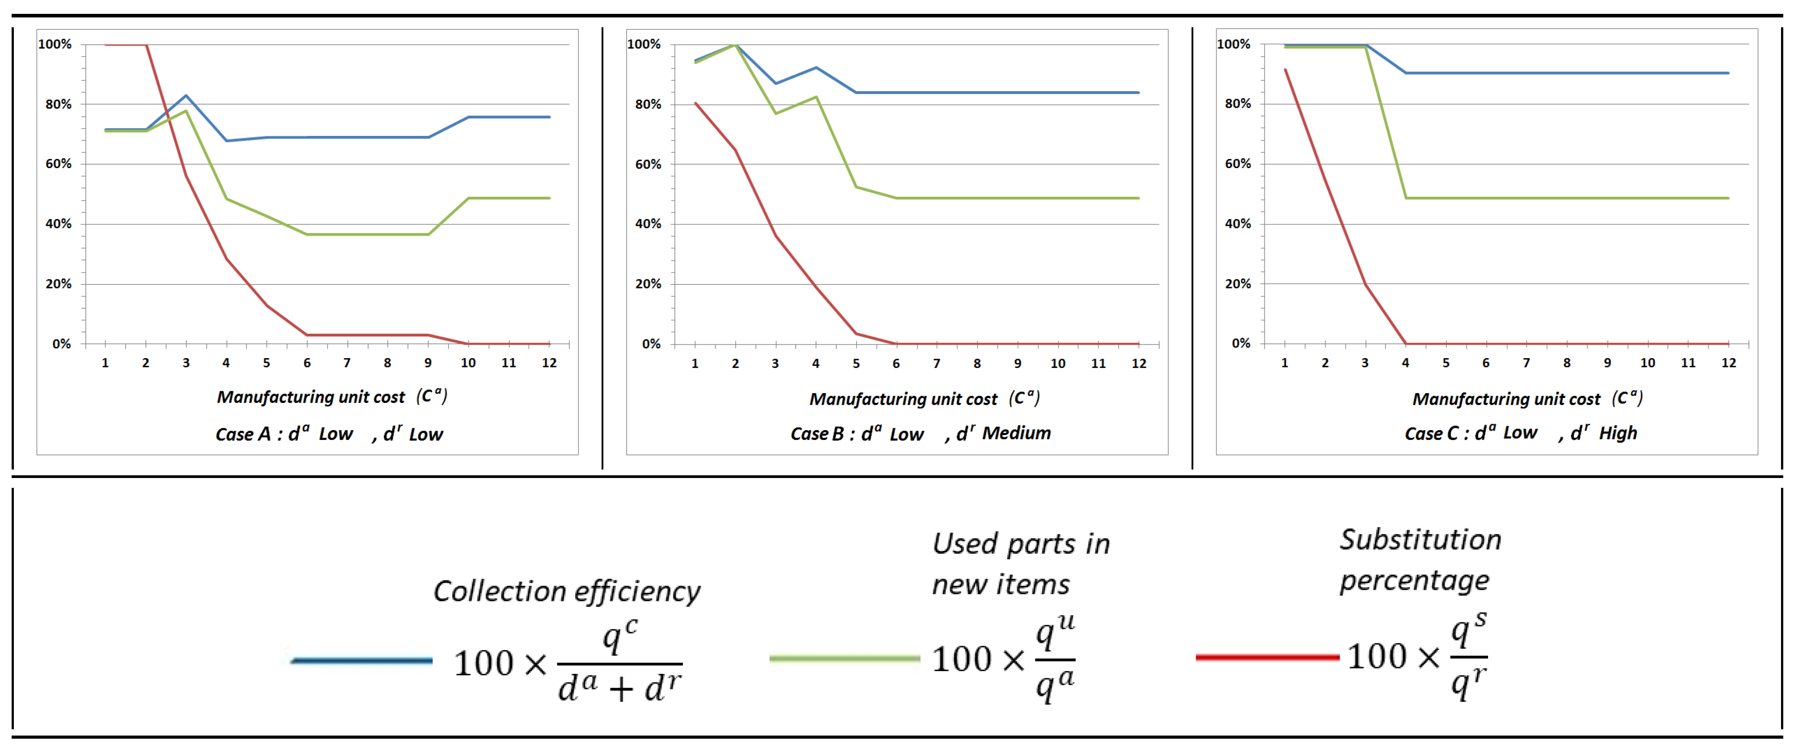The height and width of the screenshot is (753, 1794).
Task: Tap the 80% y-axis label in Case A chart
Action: [x=59, y=104]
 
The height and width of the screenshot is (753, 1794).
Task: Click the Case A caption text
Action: [x=329, y=434]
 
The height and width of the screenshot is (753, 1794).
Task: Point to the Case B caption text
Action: [x=920, y=434]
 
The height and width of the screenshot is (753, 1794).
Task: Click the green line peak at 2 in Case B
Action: [x=735, y=45]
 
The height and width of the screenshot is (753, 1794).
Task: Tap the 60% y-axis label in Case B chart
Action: [x=648, y=164]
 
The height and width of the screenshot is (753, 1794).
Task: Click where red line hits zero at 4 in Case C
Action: [x=1405, y=343]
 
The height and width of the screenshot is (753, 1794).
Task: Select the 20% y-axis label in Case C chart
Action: [x=1238, y=284]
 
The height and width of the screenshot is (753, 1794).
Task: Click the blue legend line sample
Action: [x=361, y=660]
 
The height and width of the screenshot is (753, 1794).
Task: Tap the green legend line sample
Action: [x=844, y=658]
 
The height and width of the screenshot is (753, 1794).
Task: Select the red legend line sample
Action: [x=1267, y=657]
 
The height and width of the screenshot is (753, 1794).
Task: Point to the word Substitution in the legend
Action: [x=1420, y=540]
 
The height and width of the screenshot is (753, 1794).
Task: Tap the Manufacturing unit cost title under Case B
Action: [x=903, y=399]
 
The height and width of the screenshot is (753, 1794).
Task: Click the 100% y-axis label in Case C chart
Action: [x=1234, y=44]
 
